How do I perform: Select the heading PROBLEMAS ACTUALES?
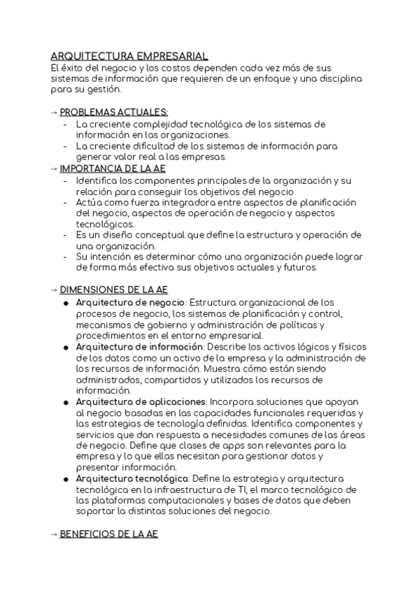[x=114, y=112]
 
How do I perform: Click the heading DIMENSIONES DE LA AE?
[x=114, y=289]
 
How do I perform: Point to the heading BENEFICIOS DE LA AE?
[x=109, y=534]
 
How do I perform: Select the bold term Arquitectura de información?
[x=139, y=348]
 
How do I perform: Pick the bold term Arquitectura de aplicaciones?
[x=141, y=402]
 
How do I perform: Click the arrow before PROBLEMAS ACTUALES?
[x=55, y=112]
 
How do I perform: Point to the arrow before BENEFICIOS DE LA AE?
[x=55, y=534]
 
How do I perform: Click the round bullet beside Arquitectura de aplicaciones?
[x=65, y=403]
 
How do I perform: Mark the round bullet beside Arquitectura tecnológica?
[x=65, y=478]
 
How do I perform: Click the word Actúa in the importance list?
[x=89, y=203]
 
